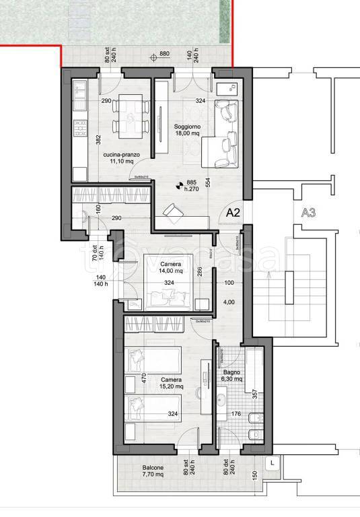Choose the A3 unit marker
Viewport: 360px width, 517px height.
click(309, 214)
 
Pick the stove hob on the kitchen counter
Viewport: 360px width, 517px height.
click(80, 127)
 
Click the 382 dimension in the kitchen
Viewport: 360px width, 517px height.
click(98, 139)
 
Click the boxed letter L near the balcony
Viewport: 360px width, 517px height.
click(271, 463)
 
